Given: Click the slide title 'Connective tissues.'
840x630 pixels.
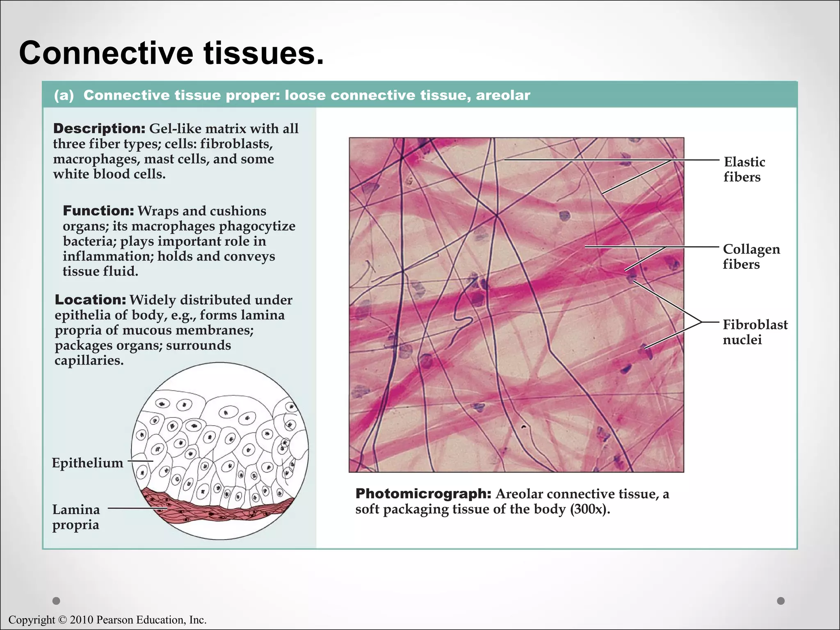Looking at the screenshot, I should tap(171, 53).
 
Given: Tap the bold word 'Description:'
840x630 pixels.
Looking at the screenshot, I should tap(99, 128).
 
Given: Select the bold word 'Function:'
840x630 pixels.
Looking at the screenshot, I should tap(98, 211).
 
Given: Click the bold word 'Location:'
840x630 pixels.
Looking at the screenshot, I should tap(90, 300).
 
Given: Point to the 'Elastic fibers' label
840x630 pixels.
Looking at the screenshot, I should tap(744, 169).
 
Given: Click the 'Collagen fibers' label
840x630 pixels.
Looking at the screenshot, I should tap(751, 256).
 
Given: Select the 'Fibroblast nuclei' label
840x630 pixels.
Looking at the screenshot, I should tap(755, 332).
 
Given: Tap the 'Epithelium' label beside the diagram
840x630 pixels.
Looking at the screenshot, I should tap(87, 463).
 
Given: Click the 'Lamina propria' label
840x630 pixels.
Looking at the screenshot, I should tap(76, 517).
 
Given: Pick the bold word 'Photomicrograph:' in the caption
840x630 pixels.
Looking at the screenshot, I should tap(423, 493).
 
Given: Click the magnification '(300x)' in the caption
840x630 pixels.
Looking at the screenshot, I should tap(589, 509).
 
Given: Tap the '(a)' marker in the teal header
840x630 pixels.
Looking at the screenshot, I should tap(64, 96).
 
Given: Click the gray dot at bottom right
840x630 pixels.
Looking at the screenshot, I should tap(781, 601).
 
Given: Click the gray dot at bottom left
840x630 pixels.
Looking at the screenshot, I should tap(57, 601).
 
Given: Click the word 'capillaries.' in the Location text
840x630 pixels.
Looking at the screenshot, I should tap(89, 361).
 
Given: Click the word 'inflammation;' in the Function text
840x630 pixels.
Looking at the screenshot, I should tap(107, 256).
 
